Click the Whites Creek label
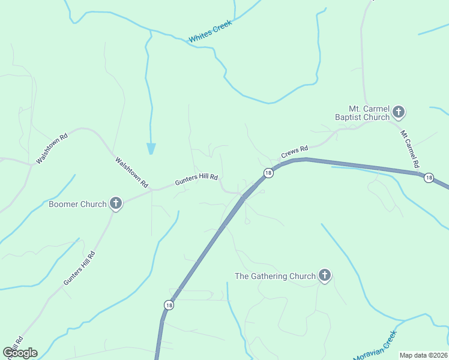pyautogui.click(x=210, y=31)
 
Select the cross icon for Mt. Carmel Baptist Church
pyautogui.click(x=399, y=112)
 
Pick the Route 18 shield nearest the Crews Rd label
pyautogui.click(x=268, y=173)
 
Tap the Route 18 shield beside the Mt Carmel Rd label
pyautogui.click(x=428, y=178)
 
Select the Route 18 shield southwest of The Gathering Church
pyautogui.click(x=169, y=305)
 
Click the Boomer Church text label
pyautogui.click(x=77, y=204)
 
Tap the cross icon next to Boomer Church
pyautogui.click(x=116, y=203)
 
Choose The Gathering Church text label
pyautogui.click(x=274, y=276)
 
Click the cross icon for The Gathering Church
pyautogui.click(x=325, y=275)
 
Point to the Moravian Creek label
pyautogui.click(x=375, y=346)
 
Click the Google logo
pyautogui.click(x=20, y=353)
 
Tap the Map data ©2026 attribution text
pyautogui.click(x=423, y=355)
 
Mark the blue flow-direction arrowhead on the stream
pyautogui.click(x=151, y=148)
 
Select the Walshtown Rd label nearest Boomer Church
pyautogui.click(x=131, y=173)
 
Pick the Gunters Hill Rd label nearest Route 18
pyautogui.click(x=196, y=180)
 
